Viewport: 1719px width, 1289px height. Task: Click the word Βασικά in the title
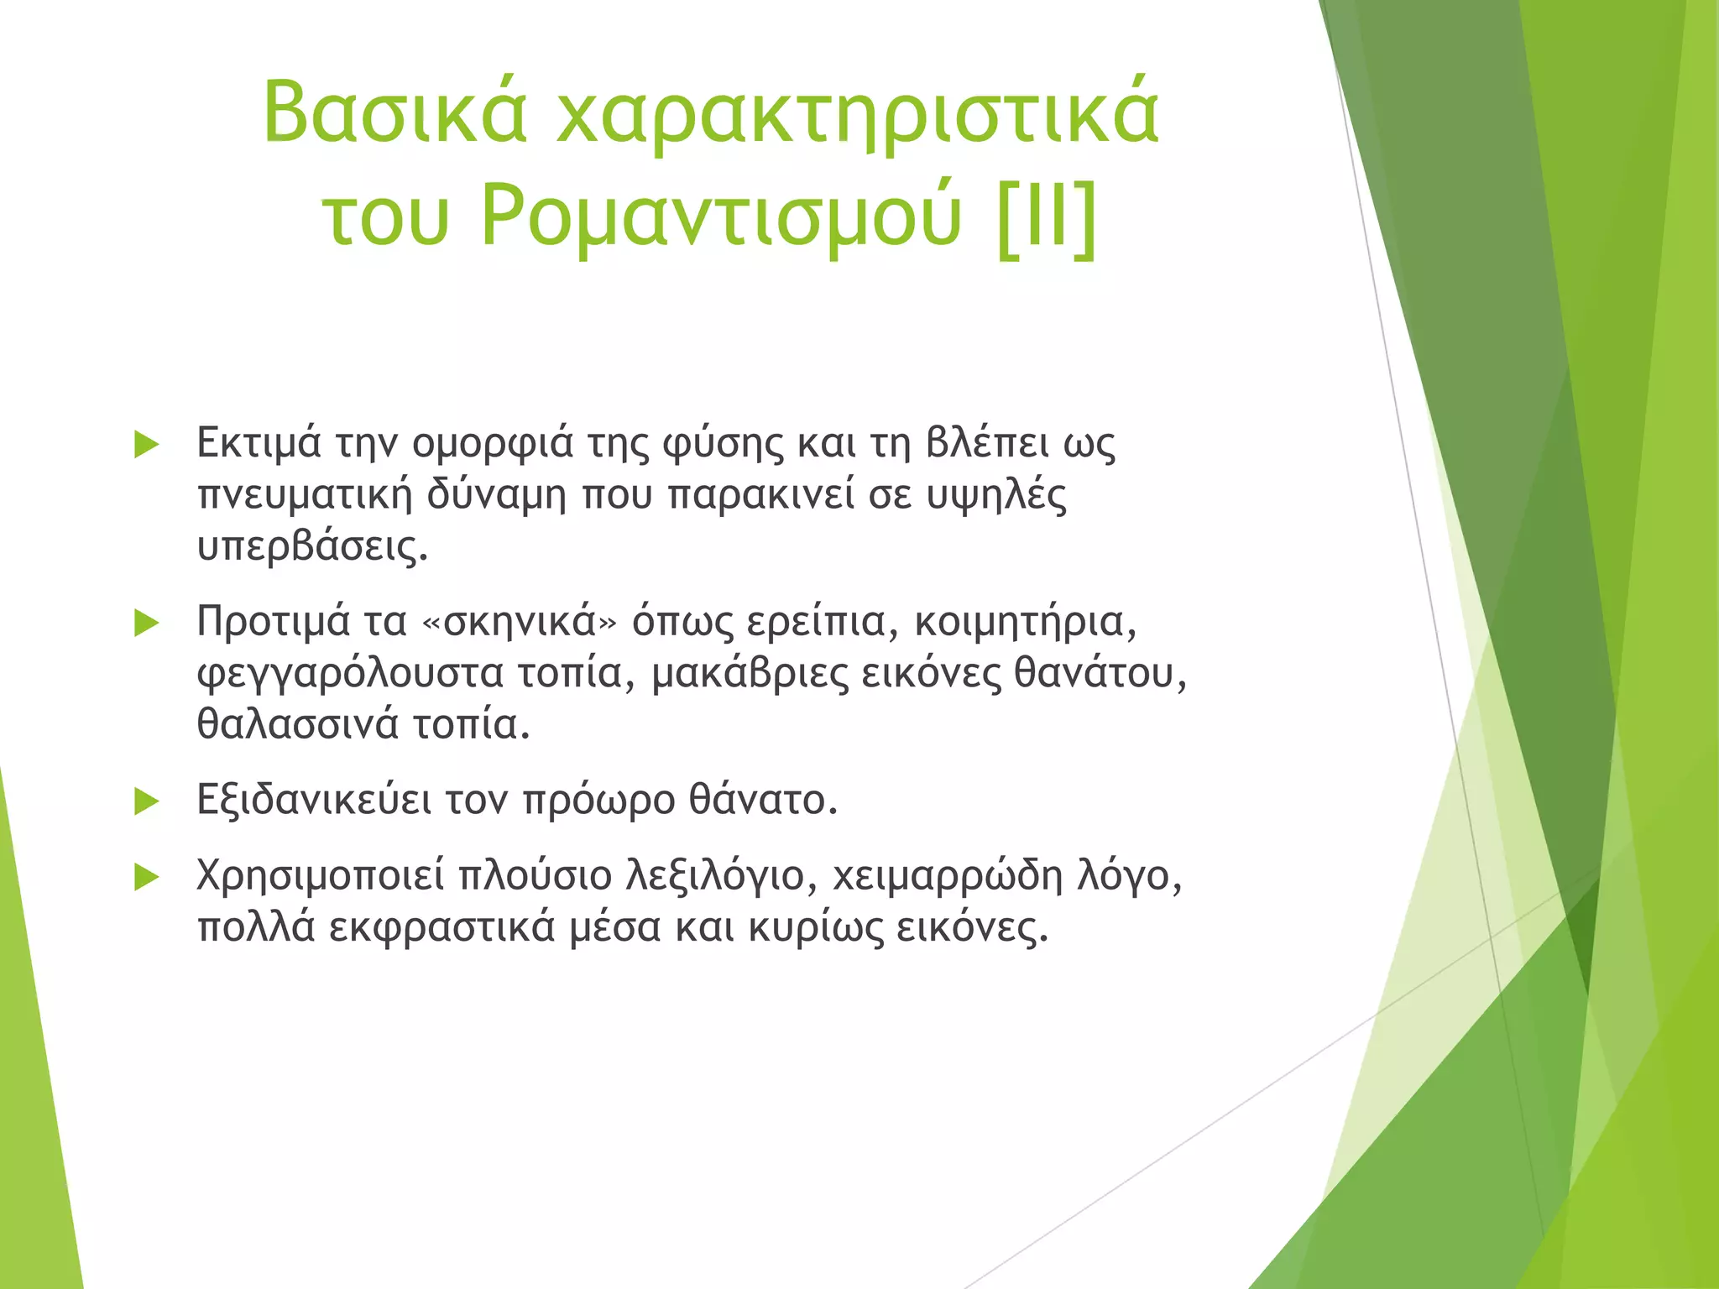pos(394,112)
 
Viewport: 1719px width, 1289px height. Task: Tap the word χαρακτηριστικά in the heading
pos(858,112)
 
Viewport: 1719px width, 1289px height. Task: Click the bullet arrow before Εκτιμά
pos(146,445)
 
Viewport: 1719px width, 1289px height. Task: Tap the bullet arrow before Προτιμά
pos(146,623)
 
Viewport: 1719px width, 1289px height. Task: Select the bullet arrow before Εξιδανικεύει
pos(146,801)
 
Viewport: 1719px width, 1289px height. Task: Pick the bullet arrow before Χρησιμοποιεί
pos(146,877)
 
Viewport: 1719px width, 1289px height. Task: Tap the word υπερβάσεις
pos(312,546)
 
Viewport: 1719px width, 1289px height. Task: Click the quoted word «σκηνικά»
pos(520,622)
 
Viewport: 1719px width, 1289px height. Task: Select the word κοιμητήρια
pos(1025,622)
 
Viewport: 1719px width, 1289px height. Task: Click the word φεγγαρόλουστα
pos(349,674)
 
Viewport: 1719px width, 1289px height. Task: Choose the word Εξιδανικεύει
pos(314,801)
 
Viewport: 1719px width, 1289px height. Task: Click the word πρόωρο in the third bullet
pos(598,801)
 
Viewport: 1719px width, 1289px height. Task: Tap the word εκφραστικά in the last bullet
pos(442,928)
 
